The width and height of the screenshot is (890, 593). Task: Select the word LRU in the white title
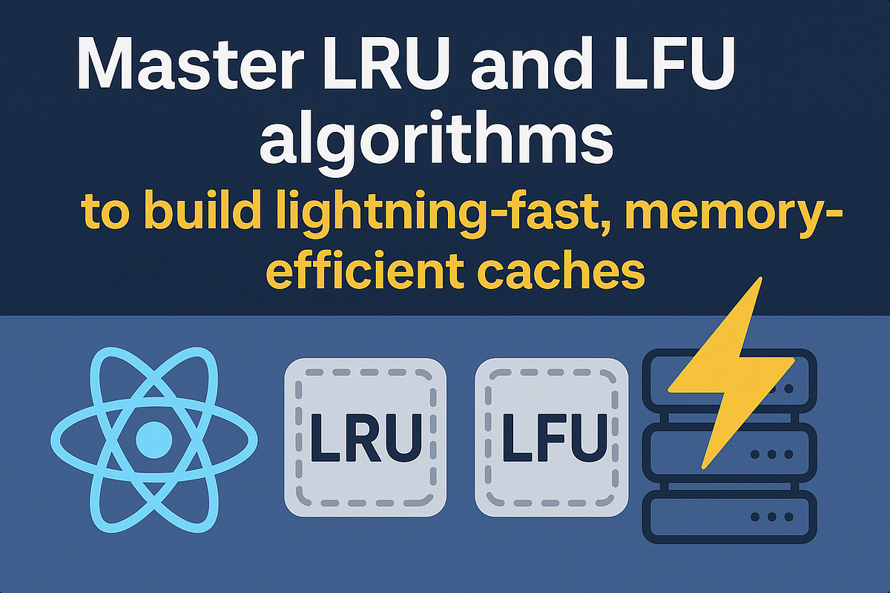tap(386, 64)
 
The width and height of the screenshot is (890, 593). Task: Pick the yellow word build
tap(202, 210)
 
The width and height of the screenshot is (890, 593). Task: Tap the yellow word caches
tap(561, 269)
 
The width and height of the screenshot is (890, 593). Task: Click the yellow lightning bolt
tap(731, 373)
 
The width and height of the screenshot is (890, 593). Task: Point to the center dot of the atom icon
tap(154, 440)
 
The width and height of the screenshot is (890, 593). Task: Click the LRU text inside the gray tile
tap(366, 437)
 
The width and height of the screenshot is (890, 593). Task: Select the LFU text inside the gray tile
tap(555, 437)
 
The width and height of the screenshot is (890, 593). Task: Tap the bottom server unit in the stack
tap(730, 517)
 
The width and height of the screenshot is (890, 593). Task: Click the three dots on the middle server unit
tap(772, 454)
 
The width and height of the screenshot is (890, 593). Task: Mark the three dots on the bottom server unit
tap(772, 517)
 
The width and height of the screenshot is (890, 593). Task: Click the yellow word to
tap(105, 213)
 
